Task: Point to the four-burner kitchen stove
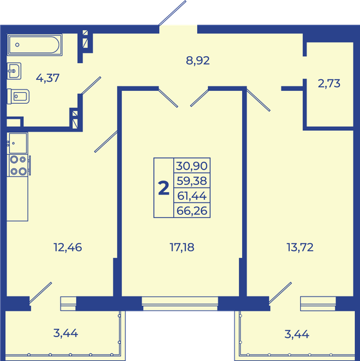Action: [17, 166]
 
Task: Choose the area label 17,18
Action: [180, 245]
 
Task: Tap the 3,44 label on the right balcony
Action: [298, 333]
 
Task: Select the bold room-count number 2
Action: [164, 188]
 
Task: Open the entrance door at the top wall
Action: [178, 28]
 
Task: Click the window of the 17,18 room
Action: [180, 300]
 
